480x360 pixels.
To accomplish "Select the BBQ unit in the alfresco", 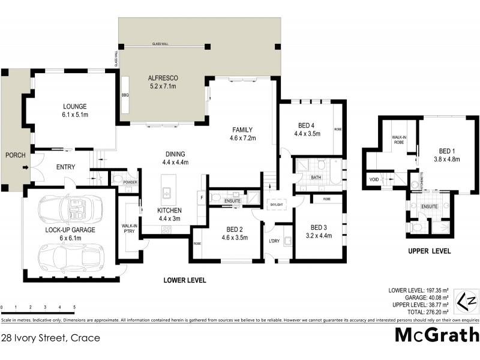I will [x=126, y=95].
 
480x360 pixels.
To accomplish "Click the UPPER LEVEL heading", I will [x=428, y=251].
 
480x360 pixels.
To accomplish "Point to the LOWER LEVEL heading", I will [x=185, y=280].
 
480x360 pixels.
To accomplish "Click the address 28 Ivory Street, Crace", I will [x=50, y=338].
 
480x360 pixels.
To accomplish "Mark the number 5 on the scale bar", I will [x=74, y=307].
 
